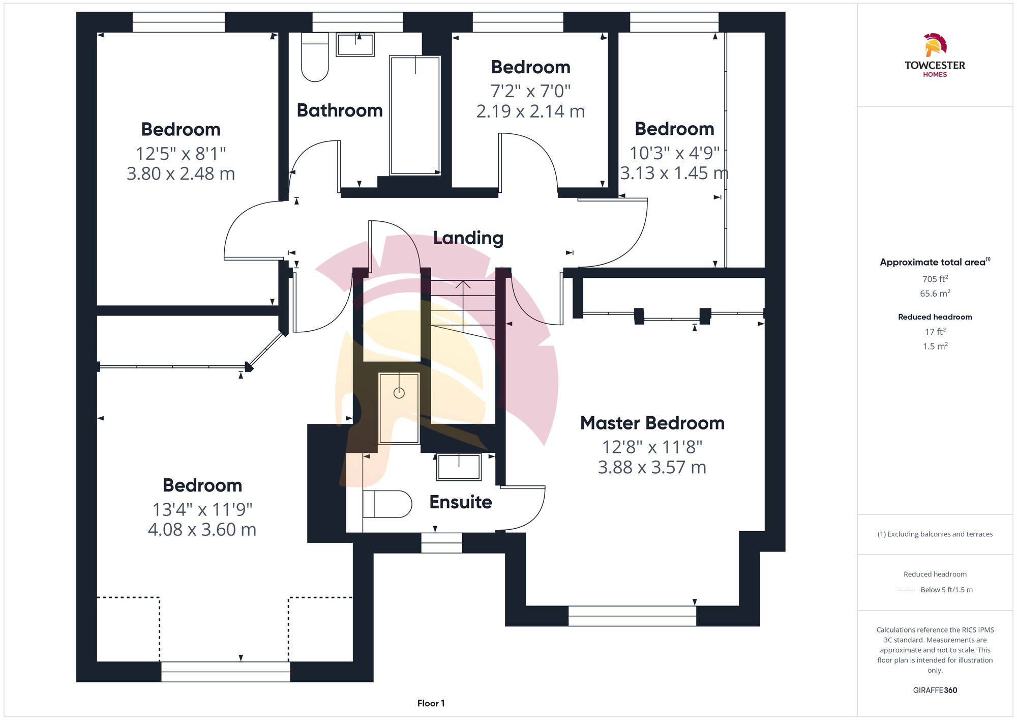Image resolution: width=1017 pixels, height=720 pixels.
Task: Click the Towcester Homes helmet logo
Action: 935,45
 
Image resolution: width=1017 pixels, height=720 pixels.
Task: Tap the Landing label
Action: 468,238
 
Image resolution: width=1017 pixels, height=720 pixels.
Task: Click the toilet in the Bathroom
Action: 315,57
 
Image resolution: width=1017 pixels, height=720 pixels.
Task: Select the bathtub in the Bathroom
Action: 415,116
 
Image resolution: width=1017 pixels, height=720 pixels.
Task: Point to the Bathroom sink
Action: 355,45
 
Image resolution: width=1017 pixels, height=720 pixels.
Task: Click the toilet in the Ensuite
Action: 387,504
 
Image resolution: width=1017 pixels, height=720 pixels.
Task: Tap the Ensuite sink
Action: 459,467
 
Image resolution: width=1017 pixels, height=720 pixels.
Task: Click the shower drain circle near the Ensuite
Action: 399,393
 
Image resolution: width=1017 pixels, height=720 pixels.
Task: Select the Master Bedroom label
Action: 652,423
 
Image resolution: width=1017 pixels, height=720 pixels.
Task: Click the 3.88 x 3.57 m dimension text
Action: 652,467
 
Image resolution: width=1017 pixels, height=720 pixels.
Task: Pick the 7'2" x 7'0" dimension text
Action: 530,91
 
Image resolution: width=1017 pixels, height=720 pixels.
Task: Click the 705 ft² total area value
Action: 935,279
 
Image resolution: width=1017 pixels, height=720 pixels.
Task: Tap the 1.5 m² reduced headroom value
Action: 935,346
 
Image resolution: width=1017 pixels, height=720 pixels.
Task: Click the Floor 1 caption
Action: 431,703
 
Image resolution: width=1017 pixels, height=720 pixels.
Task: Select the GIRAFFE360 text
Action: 935,690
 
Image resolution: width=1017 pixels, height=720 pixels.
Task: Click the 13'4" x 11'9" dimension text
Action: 202,509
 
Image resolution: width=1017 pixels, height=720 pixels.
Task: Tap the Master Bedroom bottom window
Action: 632,616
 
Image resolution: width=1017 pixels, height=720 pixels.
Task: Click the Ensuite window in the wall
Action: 441,543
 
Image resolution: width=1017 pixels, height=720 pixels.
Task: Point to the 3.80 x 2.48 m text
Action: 181,174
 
